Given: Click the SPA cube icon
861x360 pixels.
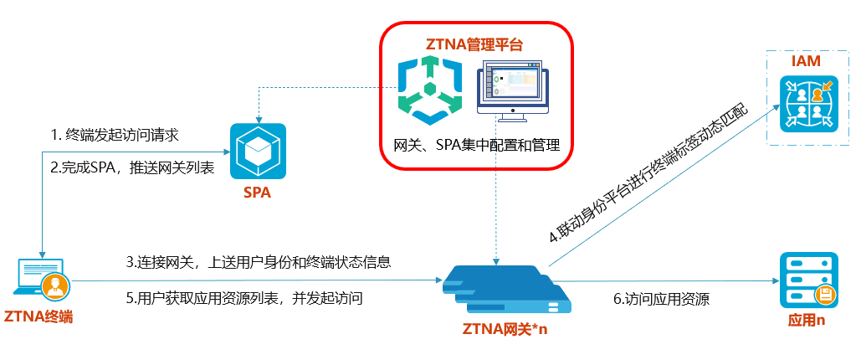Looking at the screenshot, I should click(x=258, y=151).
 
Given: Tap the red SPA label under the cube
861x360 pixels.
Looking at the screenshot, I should click(x=257, y=193).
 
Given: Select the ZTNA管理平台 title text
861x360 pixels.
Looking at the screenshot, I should click(x=475, y=44).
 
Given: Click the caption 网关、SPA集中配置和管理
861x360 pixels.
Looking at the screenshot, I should click(x=476, y=142).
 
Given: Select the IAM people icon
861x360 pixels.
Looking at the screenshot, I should click(x=808, y=103).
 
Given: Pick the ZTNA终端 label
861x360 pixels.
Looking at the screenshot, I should click(x=38, y=316).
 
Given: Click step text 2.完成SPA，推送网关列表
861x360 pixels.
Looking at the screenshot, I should click(x=132, y=167).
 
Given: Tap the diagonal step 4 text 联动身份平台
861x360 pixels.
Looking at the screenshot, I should click(x=660, y=177).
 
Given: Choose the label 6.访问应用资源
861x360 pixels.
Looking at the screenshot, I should click(x=661, y=298).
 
